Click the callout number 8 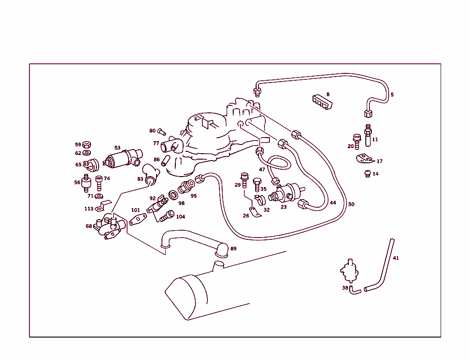(x=328, y=94)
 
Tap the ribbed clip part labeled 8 (x=322, y=103)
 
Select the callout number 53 (x=117, y=148)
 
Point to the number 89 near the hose (x=234, y=249)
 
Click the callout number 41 (x=396, y=258)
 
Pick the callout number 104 (x=181, y=216)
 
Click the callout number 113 (x=89, y=209)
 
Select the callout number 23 (x=284, y=207)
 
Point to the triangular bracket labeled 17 (x=366, y=158)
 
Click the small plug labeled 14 (x=367, y=173)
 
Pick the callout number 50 (x=351, y=204)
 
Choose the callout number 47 (x=262, y=169)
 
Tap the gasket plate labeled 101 (x=136, y=221)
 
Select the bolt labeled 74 (x=99, y=182)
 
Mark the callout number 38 (x=345, y=288)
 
